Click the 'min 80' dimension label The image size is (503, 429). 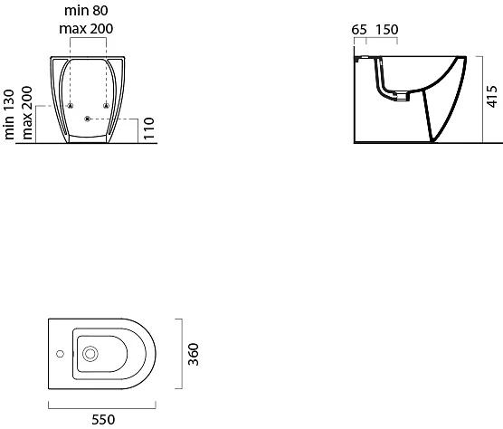[x=86, y=10]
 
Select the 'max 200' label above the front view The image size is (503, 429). [x=86, y=29]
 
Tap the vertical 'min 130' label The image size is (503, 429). [x=9, y=114]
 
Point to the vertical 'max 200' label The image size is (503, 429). [x=27, y=112]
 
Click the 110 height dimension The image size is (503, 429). [x=149, y=129]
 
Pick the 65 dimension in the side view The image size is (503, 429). [x=359, y=30]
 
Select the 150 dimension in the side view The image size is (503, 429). [x=387, y=30]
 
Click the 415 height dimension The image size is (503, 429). [x=492, y=96]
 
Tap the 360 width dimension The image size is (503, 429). [x=194, y=354]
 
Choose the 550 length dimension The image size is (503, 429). [x=103, y=420]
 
